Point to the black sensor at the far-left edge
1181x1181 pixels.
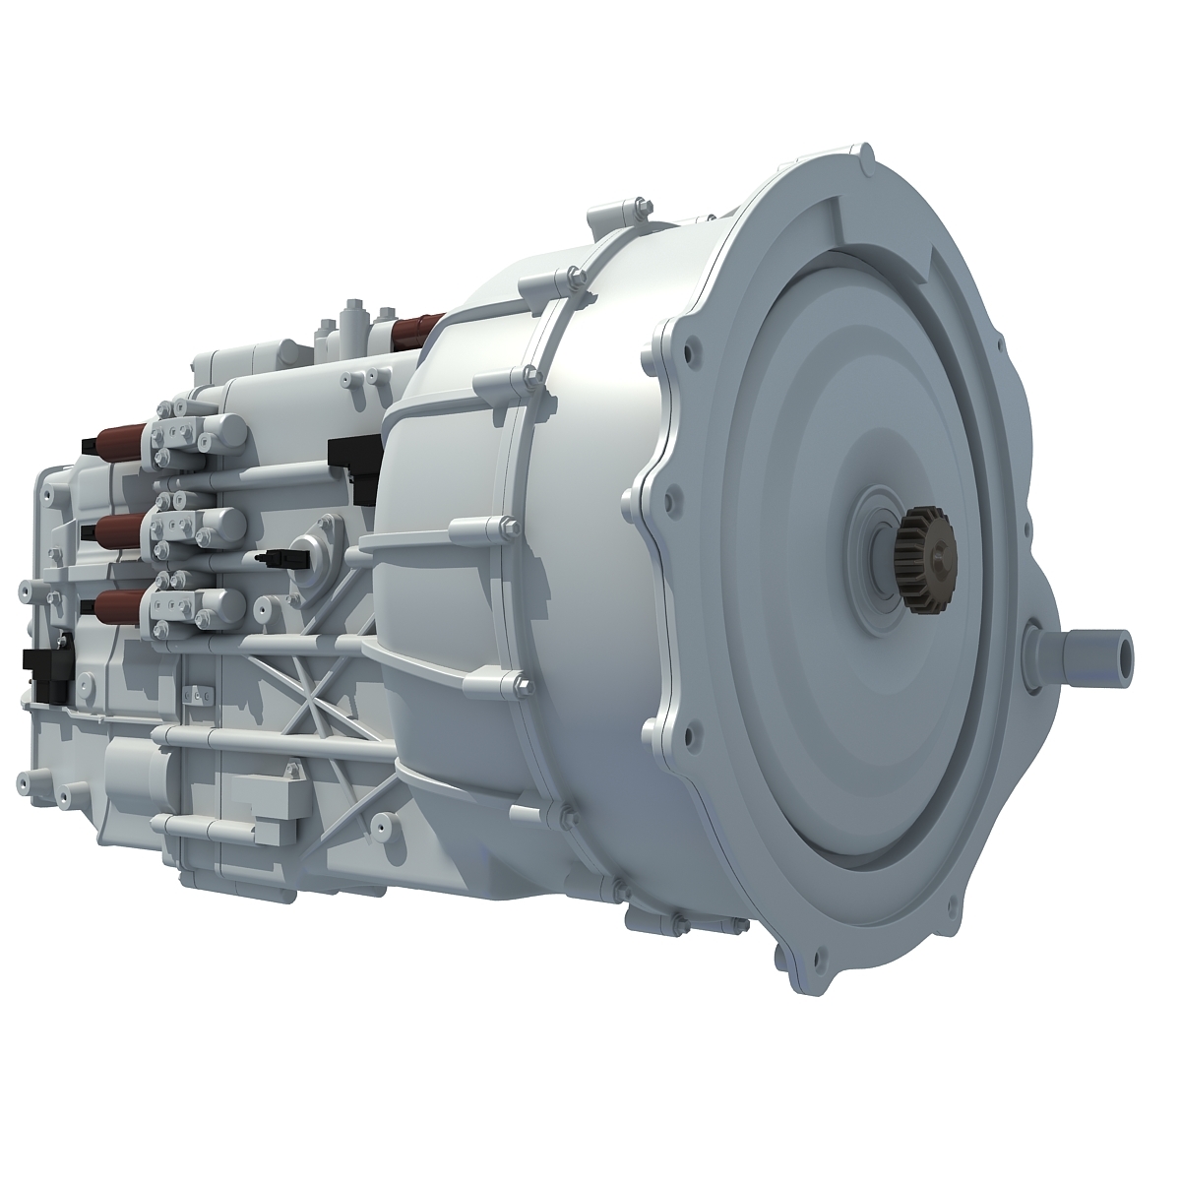(x=43, y=669)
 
